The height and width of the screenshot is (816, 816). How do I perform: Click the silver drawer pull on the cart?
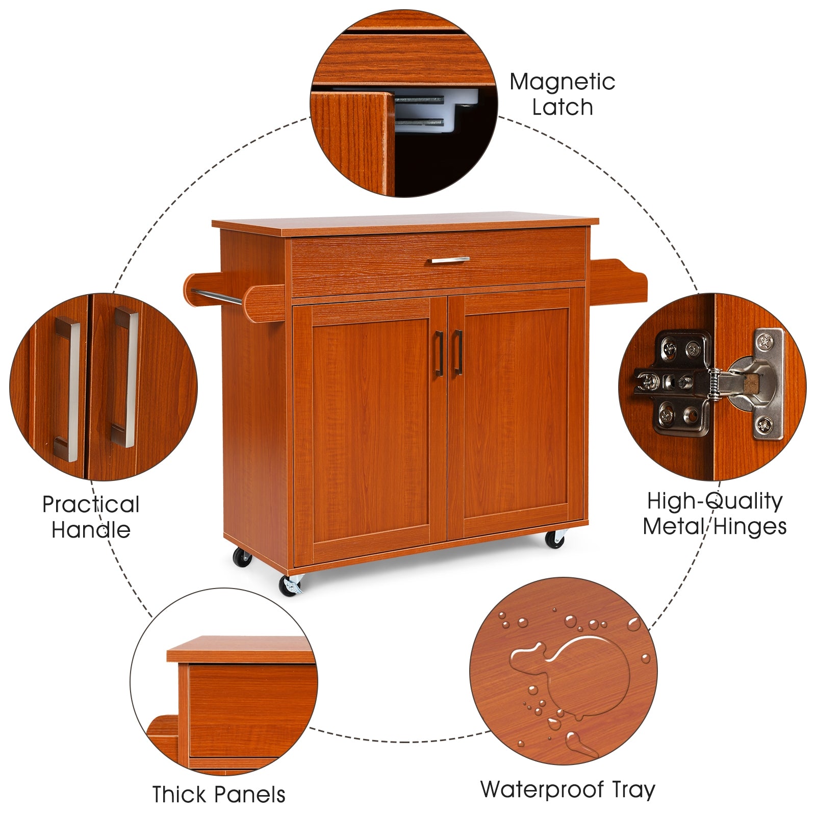[x=448, y=260]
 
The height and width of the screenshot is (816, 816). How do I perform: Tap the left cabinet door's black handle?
[x=438, y=353]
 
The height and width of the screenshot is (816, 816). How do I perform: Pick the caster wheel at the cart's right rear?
[x=555, y=539]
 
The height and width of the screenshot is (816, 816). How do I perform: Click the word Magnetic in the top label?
[x=562, y=82]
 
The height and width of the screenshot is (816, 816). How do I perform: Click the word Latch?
[x=562, y=108]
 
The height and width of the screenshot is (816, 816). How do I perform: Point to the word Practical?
[x=91, y=505]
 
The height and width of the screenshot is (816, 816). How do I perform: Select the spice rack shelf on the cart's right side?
[x=618, y=278]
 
